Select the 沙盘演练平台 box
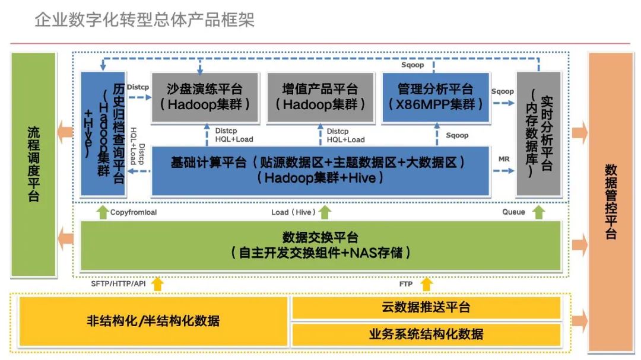205,97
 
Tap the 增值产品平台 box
320,97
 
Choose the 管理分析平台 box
436,97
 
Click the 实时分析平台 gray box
538,133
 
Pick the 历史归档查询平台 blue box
103,133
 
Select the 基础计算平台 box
320,170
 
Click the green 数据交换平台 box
320,245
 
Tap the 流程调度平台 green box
34,164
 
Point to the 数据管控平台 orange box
610,202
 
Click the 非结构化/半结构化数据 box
153,321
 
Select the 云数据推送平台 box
426,307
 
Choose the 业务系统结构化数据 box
426,334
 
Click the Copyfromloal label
134,212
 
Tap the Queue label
513,212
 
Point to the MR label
504,160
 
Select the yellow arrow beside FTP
426,285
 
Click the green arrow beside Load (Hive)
325,212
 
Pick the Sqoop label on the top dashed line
412,65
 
